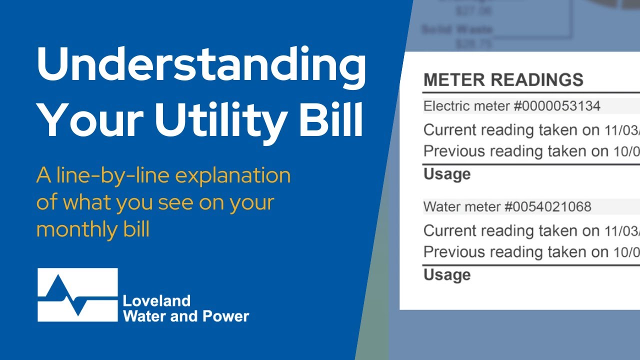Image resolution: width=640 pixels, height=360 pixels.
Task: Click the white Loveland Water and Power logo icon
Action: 77,295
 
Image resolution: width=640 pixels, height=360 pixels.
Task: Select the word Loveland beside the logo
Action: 156,301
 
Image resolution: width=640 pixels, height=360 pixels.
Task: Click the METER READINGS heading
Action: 503,80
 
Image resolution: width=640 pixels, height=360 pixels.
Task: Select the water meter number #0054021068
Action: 548,206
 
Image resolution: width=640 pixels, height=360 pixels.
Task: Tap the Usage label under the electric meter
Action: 447,174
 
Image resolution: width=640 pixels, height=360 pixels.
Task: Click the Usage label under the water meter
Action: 447,274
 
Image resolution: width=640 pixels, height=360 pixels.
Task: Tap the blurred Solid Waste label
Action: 457,30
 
